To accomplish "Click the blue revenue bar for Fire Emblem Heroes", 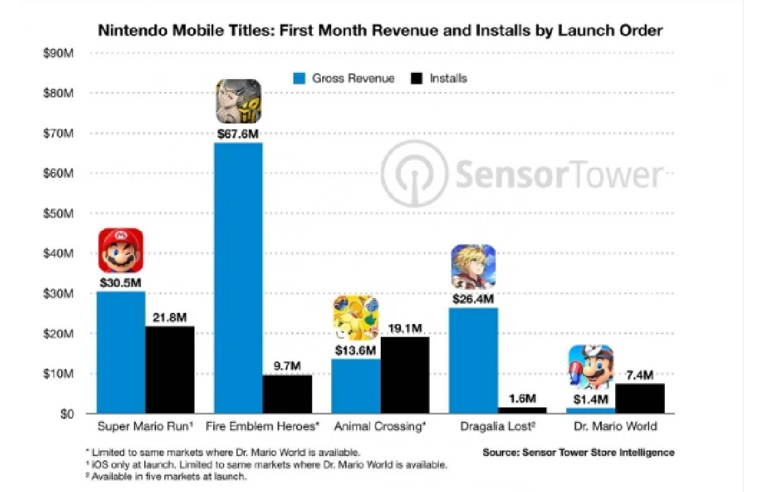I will [238, 277].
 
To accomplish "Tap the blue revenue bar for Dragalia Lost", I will [473, 360].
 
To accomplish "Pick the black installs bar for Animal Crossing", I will [405, 375].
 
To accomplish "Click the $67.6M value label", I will [238, 134].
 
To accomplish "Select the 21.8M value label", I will [169, 317].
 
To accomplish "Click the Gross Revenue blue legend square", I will [300, 79].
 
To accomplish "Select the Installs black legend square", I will [416, 79].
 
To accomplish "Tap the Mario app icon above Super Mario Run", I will [121, 250].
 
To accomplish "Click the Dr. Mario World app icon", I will [590, 368].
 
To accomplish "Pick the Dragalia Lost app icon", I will [473, 266].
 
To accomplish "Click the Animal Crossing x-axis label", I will [380, 426].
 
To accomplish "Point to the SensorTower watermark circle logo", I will [413, 173].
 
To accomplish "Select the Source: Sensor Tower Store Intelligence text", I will [578, 453].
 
